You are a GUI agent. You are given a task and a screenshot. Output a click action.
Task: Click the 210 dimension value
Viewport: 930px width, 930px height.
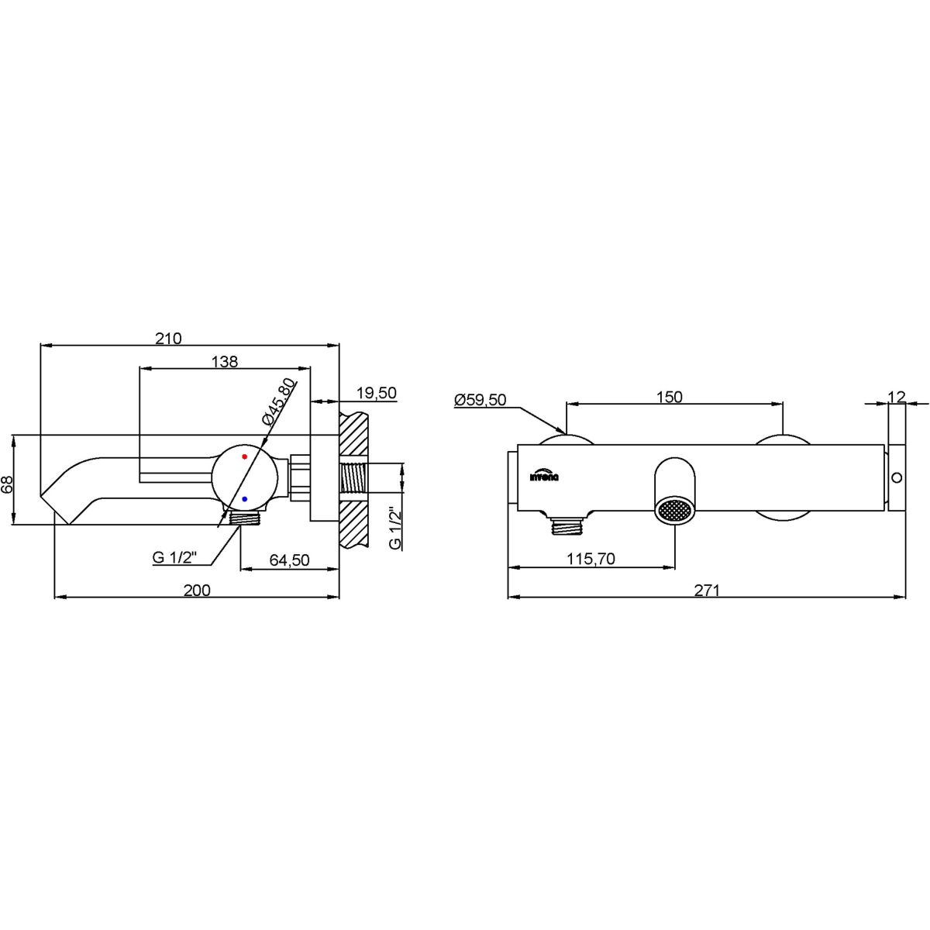168,339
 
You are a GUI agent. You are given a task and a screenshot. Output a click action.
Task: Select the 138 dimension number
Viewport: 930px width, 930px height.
225,361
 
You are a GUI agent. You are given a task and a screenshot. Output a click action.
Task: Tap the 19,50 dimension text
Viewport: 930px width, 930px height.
377,394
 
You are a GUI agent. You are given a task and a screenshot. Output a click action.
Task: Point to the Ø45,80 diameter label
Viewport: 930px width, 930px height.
278,401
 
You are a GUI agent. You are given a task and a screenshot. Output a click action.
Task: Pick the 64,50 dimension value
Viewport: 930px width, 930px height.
289,560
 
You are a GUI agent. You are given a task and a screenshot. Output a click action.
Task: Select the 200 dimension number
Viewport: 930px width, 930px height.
197,591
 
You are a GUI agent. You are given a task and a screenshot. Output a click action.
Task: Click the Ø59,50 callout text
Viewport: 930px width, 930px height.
480,400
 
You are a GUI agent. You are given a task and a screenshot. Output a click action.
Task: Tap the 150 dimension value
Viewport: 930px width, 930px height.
670,398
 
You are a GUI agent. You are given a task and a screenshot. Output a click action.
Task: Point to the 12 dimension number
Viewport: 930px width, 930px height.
897,397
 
